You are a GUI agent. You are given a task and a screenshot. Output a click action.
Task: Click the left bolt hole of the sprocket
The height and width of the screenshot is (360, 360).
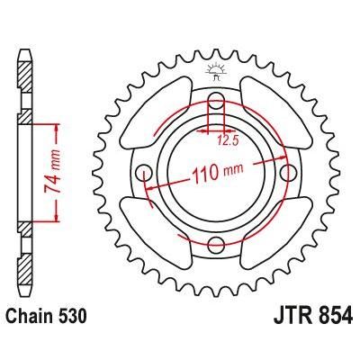point(143,171)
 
